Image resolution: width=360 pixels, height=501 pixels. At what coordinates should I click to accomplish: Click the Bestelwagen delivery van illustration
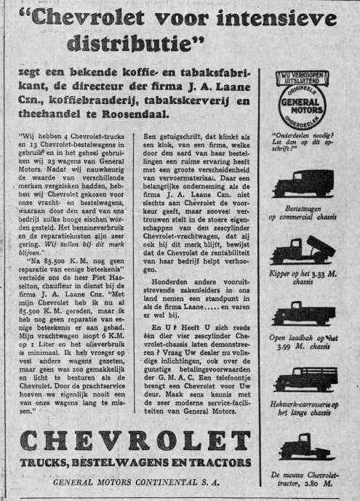tap(305, 184)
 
